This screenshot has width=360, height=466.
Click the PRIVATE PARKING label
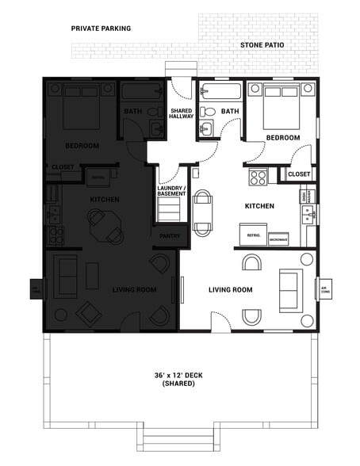(101, 28)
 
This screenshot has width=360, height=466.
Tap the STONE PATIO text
(262, 46)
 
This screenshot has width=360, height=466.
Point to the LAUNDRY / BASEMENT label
(172, 191)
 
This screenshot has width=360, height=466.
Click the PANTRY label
(170, 235)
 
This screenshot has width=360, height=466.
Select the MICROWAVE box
(278, 238)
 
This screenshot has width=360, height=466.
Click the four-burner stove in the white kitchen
(258, 177)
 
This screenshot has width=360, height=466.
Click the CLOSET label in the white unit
(299, 174)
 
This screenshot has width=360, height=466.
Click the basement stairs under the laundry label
(170, 209)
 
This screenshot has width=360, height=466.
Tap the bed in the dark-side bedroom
(82, 106)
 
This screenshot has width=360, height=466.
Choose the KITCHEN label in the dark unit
(105, 199)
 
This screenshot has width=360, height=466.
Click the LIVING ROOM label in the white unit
(230, 290)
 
